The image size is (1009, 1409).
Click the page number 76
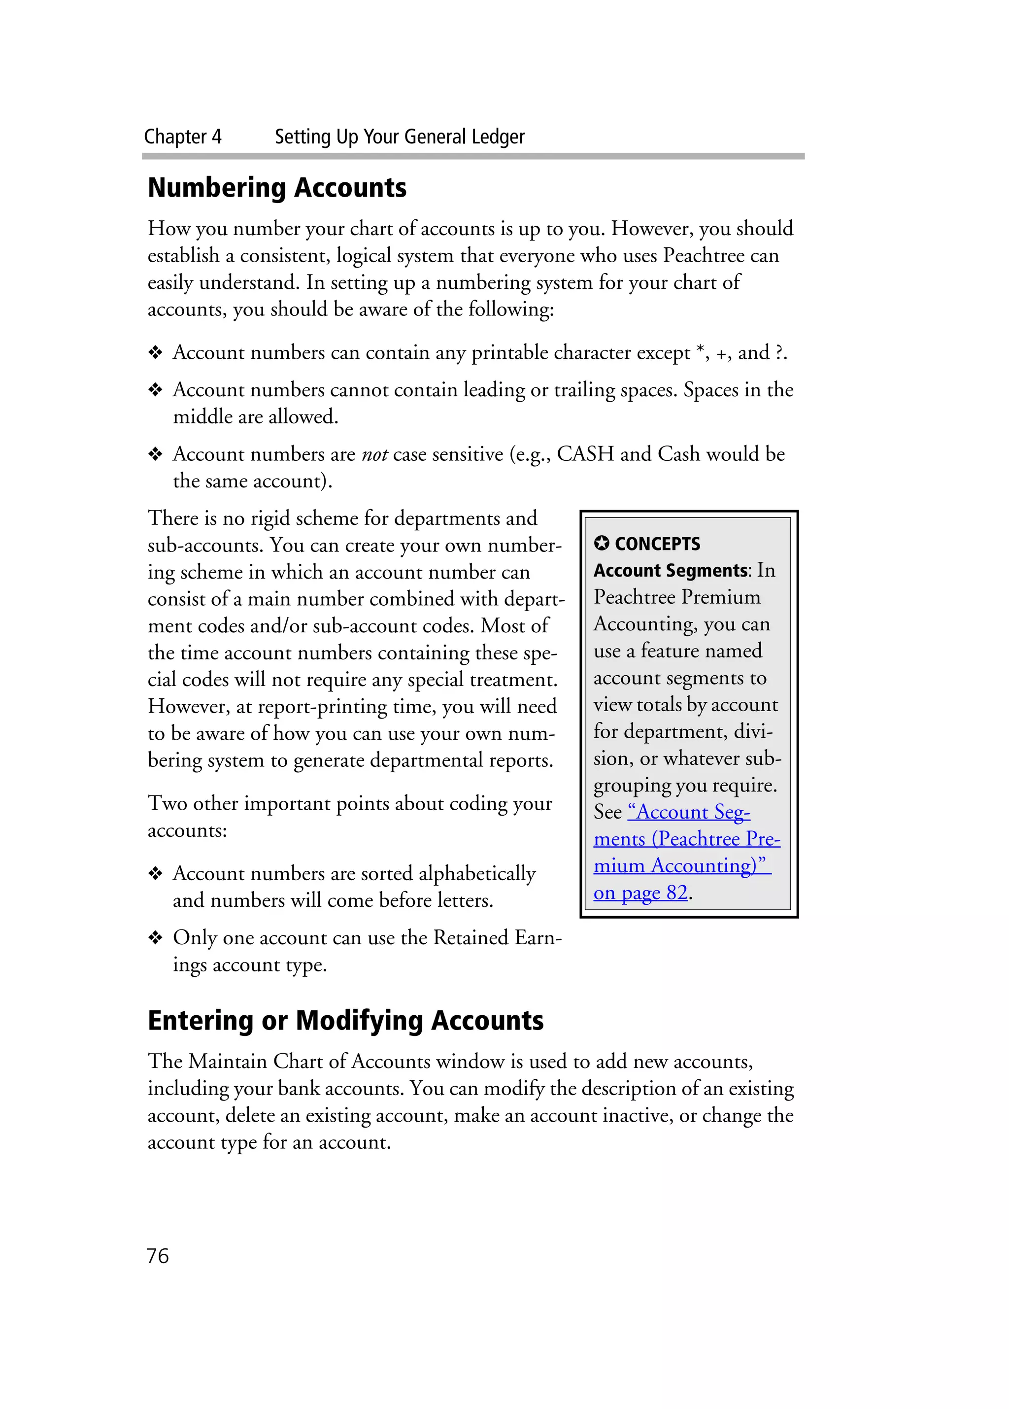click(158, 1256)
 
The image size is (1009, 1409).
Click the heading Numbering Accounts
click(277, 188)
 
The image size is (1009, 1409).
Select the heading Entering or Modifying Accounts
click(345, 1021)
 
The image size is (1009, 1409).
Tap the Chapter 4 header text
click(183, 137)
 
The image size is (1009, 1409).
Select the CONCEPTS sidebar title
click(657, 544)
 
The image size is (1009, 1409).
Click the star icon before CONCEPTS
click(601, 544)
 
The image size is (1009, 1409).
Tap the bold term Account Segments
click(670, 570)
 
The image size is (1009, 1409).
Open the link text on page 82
click(640, 893)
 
